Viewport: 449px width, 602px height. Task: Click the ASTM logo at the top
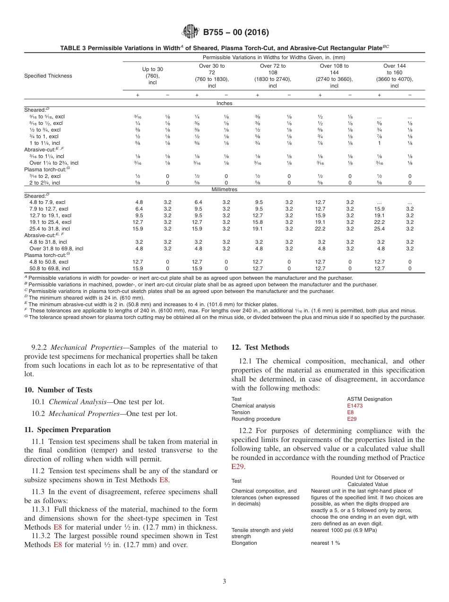(190, 32)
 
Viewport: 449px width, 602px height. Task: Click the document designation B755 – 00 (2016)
(236, 33)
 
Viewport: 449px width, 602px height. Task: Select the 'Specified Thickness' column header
(48, 76)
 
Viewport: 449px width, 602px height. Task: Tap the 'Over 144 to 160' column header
(394, 76)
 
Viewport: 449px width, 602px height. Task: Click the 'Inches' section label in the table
(224, 103)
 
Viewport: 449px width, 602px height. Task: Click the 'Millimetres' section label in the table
(224, 189)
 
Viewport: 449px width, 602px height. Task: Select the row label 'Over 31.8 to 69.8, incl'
(56, 248)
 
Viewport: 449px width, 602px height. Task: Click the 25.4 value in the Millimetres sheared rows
(380, 229)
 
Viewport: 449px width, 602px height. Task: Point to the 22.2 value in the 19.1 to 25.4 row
(380, 222)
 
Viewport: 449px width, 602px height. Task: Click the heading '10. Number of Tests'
(58, 390)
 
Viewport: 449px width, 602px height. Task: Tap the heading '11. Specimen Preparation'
(67, 430)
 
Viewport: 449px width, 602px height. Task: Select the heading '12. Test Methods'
(260, 347)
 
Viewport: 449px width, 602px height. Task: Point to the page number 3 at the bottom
(224, 582)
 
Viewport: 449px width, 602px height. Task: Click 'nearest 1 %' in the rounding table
(325, 543)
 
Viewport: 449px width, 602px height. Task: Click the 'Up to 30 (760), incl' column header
(152, 76)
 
